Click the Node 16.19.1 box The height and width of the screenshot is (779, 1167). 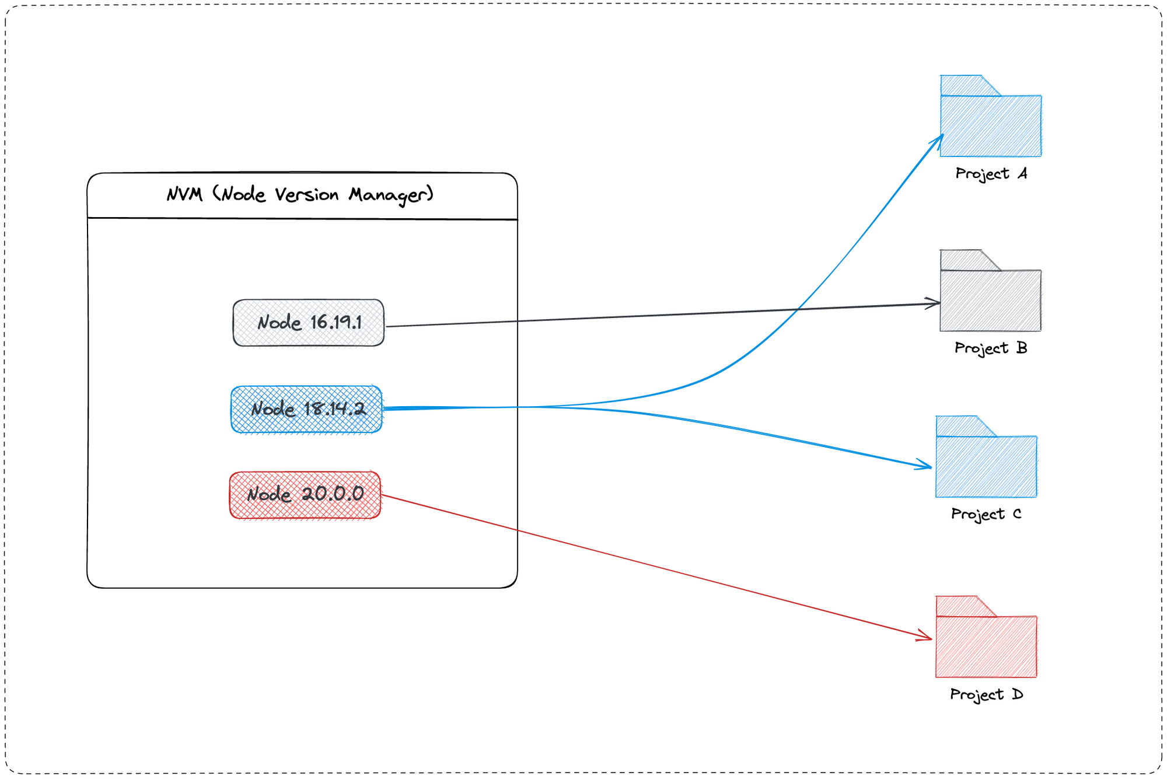click(x=308, y=323)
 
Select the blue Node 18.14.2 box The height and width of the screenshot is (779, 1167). click(x=306, y=409)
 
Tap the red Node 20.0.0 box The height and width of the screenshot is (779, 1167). click(x=305, y=495)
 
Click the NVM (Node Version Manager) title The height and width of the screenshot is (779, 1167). click(x=300, y=194)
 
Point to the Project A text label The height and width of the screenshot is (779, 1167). click(x=991, y=174)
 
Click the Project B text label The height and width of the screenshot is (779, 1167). click(x=990, y=348)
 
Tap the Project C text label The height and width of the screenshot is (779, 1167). click(x=986, y=514)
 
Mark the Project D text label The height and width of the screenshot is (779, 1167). click(x=986, y=694)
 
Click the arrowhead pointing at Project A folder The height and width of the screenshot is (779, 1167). click(x=939, y=138)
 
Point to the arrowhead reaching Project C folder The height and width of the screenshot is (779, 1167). click(x=927, y=466)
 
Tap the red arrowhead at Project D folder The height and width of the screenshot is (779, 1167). click(x=927, y=637)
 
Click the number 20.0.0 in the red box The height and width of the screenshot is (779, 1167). click(x=333, y=494)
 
